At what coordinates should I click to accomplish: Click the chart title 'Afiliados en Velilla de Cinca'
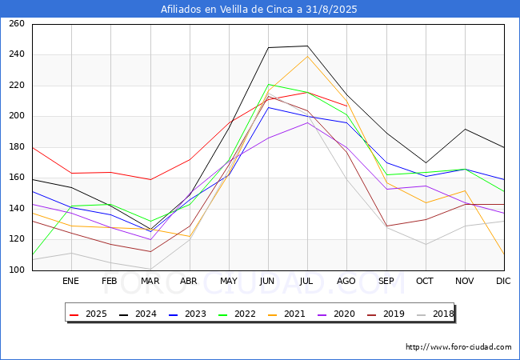[x=259, y=10]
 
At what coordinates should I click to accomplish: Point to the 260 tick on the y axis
[x=16, y=24]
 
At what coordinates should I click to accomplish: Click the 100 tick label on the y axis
[x=16, y=270]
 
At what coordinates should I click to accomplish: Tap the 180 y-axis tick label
[x=16, y=147]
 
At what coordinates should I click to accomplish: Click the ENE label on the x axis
[x=71, y=281]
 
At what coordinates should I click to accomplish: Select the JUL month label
[x=307, y=281]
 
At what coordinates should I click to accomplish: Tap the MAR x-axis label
[x=150, y=281]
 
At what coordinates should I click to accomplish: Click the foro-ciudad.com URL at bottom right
[x=458, y=347]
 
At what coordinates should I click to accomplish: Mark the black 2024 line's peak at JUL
[x=307, y=46]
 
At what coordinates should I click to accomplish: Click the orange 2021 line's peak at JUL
[x=307, y=56]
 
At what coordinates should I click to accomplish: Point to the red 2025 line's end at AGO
[x=346, y=106]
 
